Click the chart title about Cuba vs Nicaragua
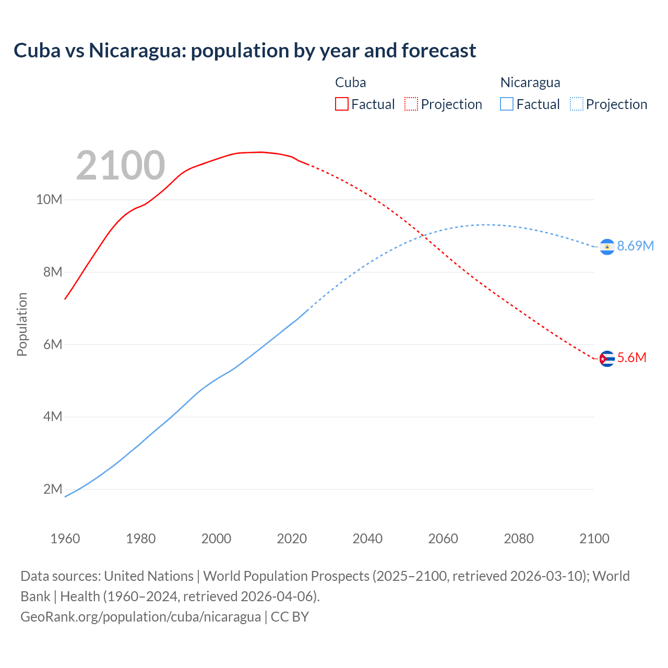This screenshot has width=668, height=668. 244,51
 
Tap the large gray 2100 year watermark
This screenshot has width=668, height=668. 121,165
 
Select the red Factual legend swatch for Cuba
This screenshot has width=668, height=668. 341,104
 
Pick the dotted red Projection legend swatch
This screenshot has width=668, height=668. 411,104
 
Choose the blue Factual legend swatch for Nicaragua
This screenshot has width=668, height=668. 507,104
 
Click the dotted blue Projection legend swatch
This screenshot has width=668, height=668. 577,104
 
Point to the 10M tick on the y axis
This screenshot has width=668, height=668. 49,199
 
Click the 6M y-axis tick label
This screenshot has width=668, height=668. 52,344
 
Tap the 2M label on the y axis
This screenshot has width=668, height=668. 52,489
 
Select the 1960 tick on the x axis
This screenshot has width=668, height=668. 65,539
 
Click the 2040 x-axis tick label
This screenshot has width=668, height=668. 367,539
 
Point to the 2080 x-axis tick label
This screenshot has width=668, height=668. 519,539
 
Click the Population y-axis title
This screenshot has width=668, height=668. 22,324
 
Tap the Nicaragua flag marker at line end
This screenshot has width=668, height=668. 607,246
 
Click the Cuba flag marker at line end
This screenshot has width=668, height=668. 607,359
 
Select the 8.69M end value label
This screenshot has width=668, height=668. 635,246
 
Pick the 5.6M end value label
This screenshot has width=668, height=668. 631,357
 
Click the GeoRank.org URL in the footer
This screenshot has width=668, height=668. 140,616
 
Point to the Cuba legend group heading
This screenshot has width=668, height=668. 350,82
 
